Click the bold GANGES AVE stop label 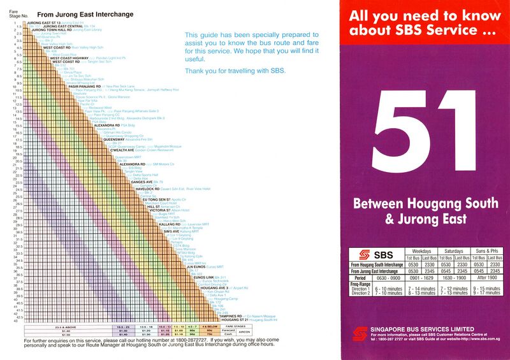[141, 182]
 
